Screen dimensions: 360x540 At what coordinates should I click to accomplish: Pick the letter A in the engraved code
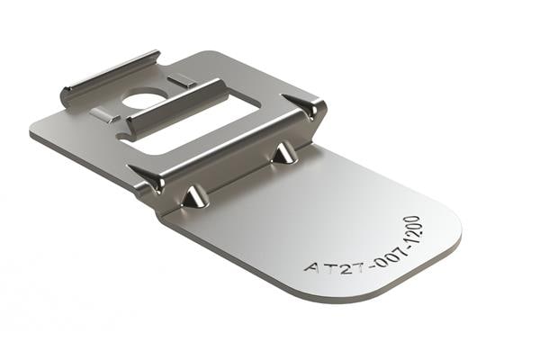[310, 269]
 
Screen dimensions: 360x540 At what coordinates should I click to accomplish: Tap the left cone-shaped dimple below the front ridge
[193, 196]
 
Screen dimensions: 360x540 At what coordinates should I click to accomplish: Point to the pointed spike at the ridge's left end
[148, 177]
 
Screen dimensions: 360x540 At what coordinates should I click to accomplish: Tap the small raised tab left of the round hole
[104, 114]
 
